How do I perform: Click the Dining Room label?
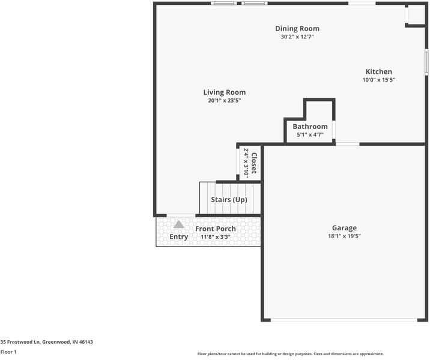297,28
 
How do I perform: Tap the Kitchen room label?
378,71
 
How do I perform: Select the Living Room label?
224,92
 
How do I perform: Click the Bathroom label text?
310,127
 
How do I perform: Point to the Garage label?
344,228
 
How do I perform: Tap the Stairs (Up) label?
229,199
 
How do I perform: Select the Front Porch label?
216,229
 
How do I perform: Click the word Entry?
178,237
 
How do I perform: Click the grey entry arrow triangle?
178,224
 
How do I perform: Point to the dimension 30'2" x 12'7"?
297,37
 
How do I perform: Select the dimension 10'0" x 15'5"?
378,80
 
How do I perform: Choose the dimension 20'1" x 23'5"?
224,101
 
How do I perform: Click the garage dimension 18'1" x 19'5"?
344,236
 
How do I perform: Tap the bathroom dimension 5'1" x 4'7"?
310,135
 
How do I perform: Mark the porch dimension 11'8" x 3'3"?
216,237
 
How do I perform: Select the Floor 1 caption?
8,352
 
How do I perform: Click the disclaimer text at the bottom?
290,354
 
